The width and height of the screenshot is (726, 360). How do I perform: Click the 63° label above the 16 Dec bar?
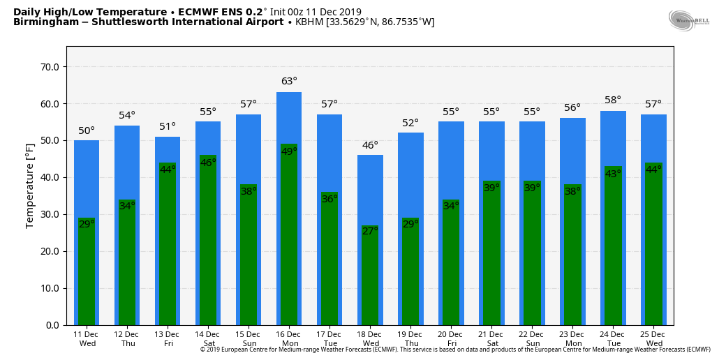[289, 82]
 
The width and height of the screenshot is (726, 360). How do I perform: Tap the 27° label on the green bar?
[370, 231]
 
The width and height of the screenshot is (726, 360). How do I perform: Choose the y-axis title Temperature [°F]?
[30, 186]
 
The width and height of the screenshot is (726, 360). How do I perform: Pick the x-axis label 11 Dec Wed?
[87, 339]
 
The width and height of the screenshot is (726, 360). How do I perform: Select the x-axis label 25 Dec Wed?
[653, 339]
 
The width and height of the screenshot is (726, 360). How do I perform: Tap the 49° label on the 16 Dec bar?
[289, 151]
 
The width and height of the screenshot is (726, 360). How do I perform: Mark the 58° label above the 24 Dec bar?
[613, 100]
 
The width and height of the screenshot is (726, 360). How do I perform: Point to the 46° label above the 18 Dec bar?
[370, 145]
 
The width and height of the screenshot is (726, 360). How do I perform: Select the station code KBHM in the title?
[309, 22]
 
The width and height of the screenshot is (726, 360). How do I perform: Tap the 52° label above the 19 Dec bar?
[410, 123]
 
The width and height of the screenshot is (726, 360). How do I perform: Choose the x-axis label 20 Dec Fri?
[451, 339]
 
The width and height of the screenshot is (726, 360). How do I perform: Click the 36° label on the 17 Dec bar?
[329, 199]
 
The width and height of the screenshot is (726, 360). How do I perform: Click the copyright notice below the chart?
[455, 350]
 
